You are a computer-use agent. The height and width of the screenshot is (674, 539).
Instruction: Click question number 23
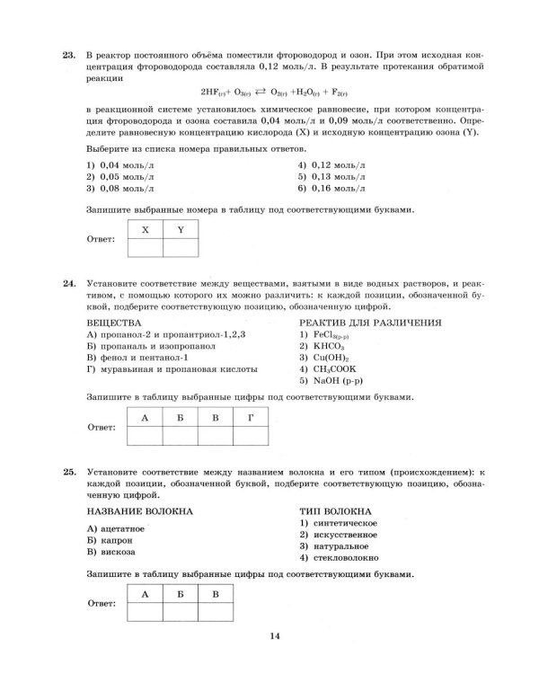pos(68,56)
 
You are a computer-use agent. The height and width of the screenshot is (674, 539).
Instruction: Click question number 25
pos(68,470)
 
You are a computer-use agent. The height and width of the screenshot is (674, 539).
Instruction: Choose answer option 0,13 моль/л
pos(331,177)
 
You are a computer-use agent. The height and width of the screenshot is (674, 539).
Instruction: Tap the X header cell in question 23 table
pos(146,230)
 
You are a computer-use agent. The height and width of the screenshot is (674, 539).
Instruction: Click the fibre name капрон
pos(114,541)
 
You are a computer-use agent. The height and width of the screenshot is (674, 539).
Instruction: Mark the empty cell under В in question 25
pos(215,611)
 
